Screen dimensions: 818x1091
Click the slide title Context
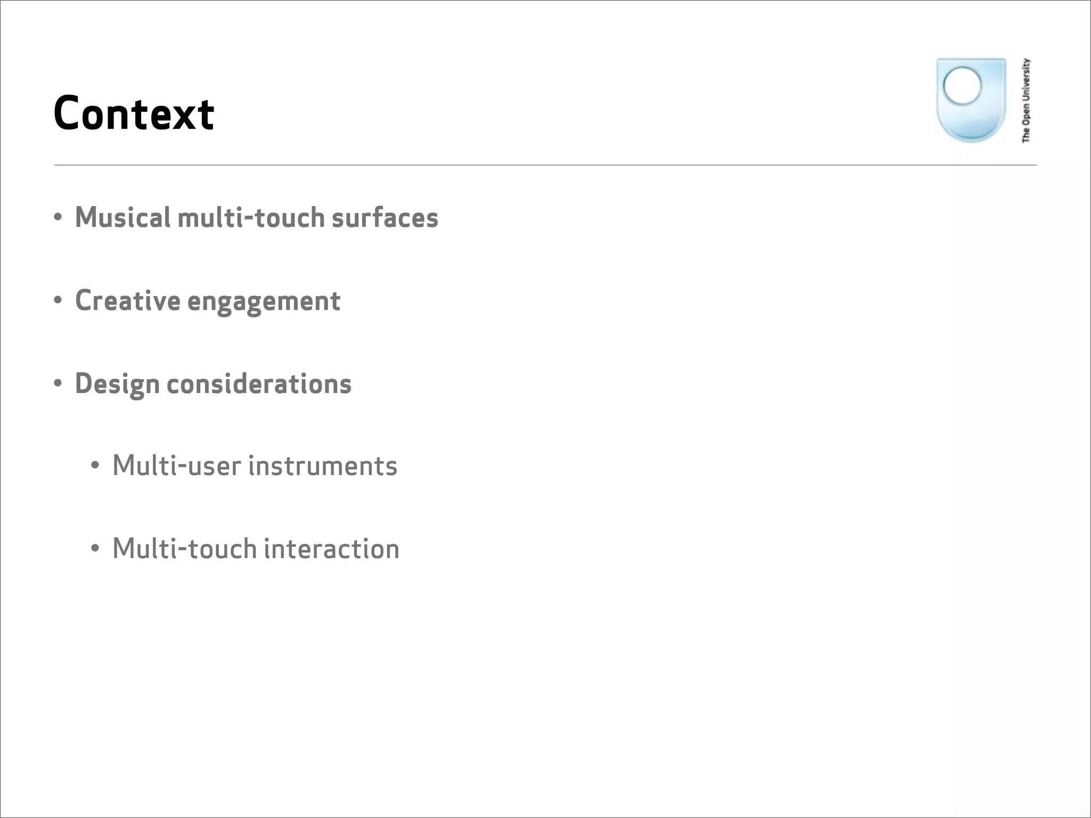coord(134,113)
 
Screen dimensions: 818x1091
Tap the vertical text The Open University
coord(1026,101)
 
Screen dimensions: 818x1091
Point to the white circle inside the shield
coord(962,85)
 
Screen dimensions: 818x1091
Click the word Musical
coord(123,218)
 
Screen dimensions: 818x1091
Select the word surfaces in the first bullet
coord(385,218)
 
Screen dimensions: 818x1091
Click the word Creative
coord(128,301)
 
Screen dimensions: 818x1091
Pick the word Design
coord(117,385)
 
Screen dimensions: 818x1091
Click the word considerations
coord(259,384)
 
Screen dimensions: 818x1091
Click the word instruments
coord(323,466)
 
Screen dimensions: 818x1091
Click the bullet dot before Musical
coord(58,217)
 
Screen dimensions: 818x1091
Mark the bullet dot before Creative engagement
coord(58,300)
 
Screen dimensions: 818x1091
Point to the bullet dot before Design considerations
coord(58,383)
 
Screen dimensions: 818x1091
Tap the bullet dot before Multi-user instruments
coord(95,466)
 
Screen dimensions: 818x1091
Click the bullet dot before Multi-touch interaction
coord(95,549)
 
